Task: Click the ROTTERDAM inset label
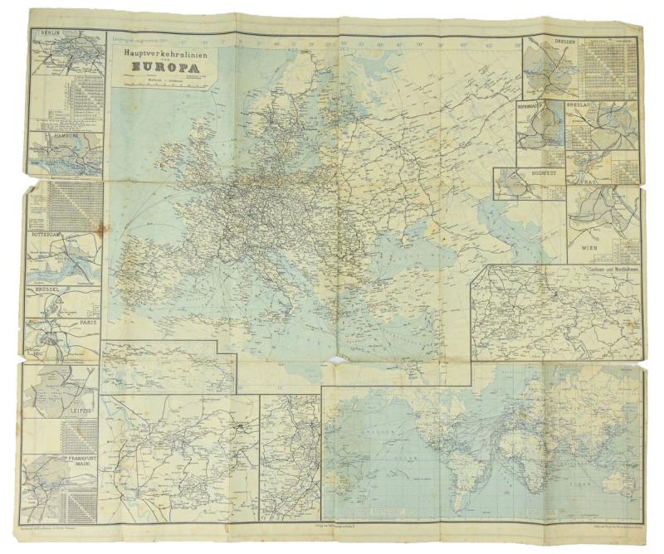coord(47,235)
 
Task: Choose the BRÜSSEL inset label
coord(51,293)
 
